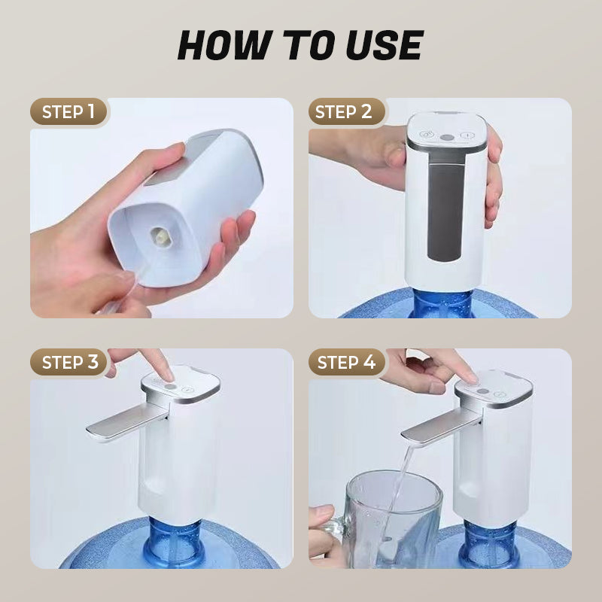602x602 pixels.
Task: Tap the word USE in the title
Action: coord(384,45)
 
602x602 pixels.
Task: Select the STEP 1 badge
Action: coord(68,111)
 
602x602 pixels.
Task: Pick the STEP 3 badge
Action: coord(68,362)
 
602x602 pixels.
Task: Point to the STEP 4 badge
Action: coord(347,362)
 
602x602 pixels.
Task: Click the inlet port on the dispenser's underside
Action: coord(160,236)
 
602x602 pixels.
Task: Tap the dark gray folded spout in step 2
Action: coord(445,208)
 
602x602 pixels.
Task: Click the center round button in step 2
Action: coord(446,138)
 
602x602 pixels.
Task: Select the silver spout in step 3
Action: coord(126,422)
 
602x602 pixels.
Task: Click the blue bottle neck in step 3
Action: coord(175,541)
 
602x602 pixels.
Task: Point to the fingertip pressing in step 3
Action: coord(168,375)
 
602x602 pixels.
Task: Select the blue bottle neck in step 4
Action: coord(488,543)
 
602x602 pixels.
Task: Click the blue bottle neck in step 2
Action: coord(442,303)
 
